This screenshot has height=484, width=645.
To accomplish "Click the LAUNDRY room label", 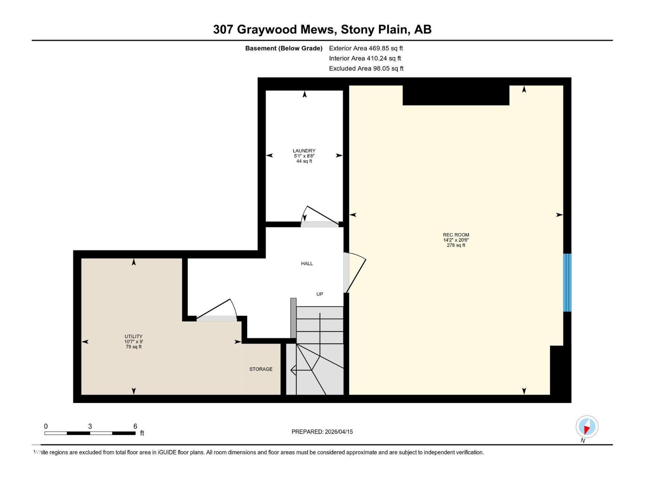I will pyautogui.click(x=304, y=151).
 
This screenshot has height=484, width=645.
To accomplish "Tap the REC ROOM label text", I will pyautogui.click(x=456, y=235).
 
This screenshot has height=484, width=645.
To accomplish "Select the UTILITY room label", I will pyautogui.click(x=133, y=336).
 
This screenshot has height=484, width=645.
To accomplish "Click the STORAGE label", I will pyautogui.click(x=261, y=369).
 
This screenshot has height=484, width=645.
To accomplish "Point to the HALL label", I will pyautogui.click(x=307, y=263).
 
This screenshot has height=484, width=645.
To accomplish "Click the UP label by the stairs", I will pyautogui.click(x=320, y=294).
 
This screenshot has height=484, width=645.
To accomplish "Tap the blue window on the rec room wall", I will pyautogui.click(x=567, y=282).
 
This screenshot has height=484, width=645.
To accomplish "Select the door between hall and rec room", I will pyautogui.click(x=355, y=272).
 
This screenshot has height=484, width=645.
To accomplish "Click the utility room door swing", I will pyautogui.click(x=218, y=311).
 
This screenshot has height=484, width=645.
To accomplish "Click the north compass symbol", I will pyautogui.click(x=587, y=427).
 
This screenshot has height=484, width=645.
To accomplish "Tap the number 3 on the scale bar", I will pyautogui.click(x=90, y=426).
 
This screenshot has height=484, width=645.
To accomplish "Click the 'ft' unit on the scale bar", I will pyautogui.click(x=142, y=433).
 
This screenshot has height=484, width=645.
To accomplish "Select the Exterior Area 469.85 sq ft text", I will pyautogui.click(x=366, y=48).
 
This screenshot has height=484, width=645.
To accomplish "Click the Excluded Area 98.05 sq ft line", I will pyautogui.click(x=366, y=69).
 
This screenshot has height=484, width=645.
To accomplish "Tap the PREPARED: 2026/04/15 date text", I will pyautogui.click(x=322, y=432).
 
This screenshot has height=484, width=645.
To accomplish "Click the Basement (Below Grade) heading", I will pyautogui.click(x=284, y=48).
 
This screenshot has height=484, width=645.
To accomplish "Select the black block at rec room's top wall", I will pyautogui.click(x=456, y=96).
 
